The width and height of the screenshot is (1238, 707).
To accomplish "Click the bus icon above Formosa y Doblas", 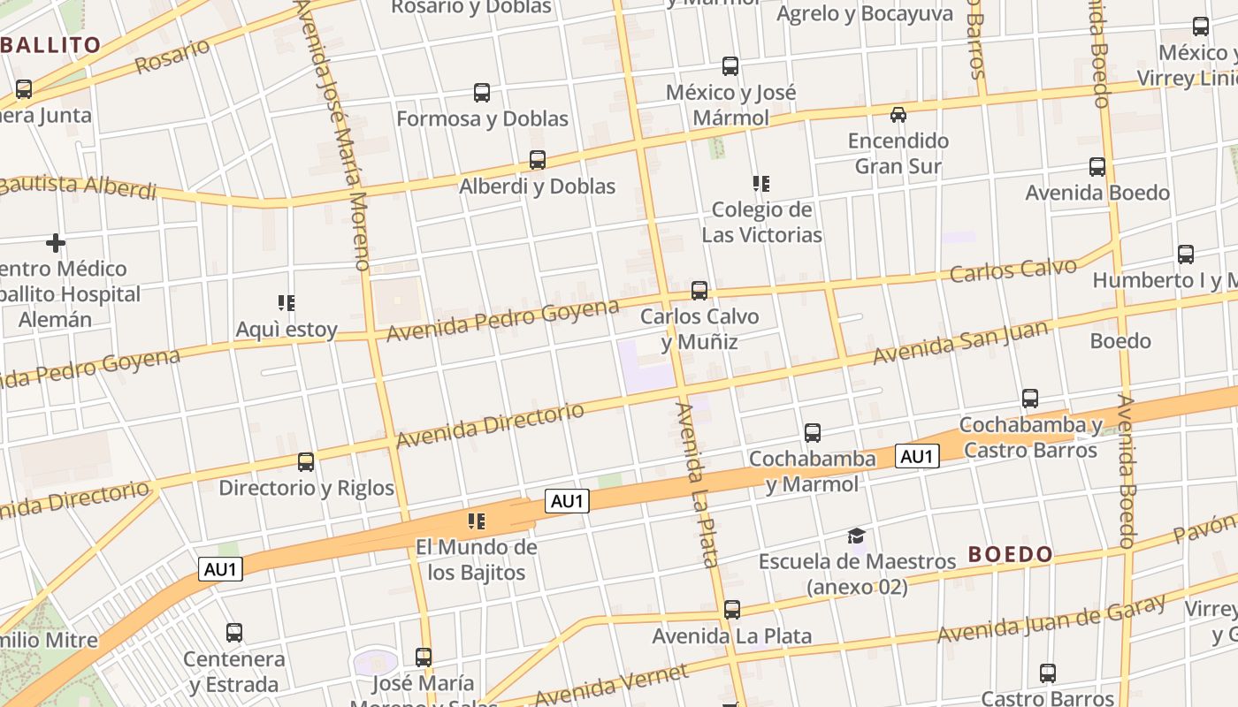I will coord(482,92).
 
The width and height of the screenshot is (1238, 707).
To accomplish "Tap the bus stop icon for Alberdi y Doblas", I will coord(537,160).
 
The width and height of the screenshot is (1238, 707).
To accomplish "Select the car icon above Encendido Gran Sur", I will coord(898,115).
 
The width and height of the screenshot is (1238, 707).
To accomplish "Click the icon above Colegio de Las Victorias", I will coord(760,184).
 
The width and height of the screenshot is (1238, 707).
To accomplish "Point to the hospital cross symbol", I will coord(56,242).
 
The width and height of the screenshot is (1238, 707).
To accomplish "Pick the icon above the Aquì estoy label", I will coord(287,303).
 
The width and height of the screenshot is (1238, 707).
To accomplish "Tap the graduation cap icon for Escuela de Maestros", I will coord(856,536).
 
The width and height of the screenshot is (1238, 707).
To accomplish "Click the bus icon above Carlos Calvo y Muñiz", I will coord(699,290).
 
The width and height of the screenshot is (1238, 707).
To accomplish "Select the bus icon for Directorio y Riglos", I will coord(306,461).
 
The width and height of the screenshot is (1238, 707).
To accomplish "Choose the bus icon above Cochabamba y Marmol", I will coord(813,433).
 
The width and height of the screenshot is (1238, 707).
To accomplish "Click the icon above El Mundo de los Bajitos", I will coord(477,521).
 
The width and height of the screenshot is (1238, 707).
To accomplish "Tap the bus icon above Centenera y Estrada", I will coord(234,633).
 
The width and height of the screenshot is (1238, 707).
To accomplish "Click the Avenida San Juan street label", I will coord(960,343).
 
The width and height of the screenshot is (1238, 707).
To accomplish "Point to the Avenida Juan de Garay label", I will coord(1051,620).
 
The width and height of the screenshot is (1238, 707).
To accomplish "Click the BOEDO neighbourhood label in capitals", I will coord(1011,555).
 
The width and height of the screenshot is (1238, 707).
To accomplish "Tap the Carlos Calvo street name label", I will coord(1013,270).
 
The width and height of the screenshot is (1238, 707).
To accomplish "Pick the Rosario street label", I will coord(172,57).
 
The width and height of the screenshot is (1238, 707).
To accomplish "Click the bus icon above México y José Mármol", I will coord(730,65).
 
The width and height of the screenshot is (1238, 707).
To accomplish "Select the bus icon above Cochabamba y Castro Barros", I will coord(1030,399).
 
